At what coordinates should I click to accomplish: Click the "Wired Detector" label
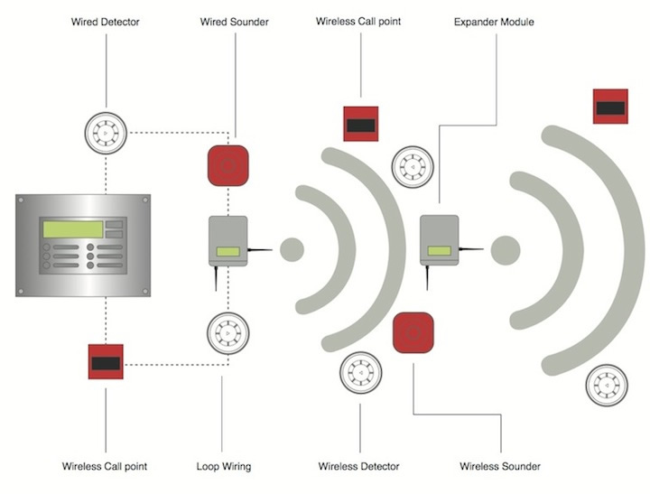[106, 21]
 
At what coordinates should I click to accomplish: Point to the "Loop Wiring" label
[223, 467]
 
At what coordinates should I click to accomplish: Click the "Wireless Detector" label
[359, 467]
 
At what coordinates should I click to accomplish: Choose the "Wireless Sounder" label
[500, 467]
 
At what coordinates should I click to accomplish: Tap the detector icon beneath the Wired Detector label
[106, 132]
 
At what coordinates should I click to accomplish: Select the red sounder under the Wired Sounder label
[227, 163]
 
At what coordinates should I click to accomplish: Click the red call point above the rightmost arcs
[610, 107]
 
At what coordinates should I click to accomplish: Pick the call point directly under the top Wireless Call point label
[359, 123]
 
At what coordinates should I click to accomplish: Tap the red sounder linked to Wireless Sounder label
[413, 331]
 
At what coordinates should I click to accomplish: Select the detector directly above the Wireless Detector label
[359, 374]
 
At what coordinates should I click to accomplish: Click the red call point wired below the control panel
[106, 361]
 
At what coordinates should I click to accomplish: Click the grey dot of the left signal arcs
[292, 248]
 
